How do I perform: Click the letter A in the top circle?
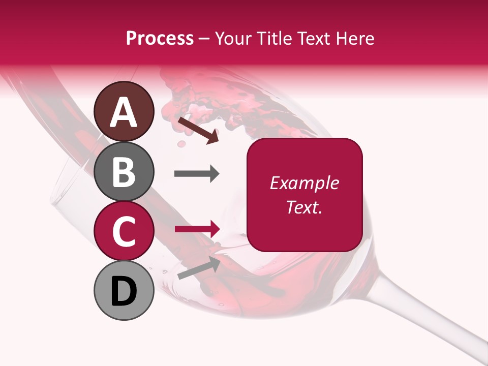(x=124, y=112)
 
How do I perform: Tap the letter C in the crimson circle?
(x=124, y=231)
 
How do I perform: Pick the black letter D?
(x=124, y=291)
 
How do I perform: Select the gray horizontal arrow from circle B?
(x=197, y=174)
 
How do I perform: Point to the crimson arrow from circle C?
(x=197, y=229)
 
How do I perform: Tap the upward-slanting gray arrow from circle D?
(x=199, y=268)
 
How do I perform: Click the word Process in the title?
(x=160, y=38)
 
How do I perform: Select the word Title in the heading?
(x=274, y=38)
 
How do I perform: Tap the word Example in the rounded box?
(x=304, y=183)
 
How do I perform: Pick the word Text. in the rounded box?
(x=304, y=207)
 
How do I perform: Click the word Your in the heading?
(x=233, y=38)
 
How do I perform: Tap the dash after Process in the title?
(x=204, y=39)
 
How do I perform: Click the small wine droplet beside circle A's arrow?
(x=181, y=145)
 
